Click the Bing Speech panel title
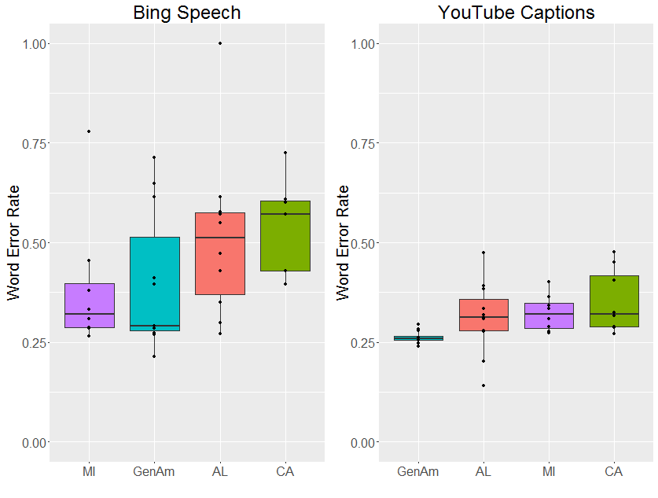(x=186, y=13)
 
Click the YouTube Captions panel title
(x=516, y=13)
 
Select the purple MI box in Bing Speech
(x=89, y=305)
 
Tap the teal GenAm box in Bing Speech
(x=154, y=283)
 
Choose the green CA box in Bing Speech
(x=285, y=236)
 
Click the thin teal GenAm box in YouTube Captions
(x=417, y=338)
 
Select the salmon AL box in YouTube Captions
(x=483, y=315)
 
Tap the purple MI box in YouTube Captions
(x=549, y=315)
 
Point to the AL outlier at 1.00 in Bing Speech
(x=220, y=43)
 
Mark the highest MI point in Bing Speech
(x=89, y=131)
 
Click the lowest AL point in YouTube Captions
(x=483, y=385)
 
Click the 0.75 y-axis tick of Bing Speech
(x=38, y=143)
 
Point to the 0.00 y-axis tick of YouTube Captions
(x=367, y=442)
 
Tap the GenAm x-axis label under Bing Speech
(x=154, y=472)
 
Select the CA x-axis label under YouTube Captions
(x=614, y=472)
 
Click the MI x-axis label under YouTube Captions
(x=549, y=472)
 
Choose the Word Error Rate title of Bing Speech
(x=14, y=242)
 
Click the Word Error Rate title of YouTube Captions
(x=344, y=242)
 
